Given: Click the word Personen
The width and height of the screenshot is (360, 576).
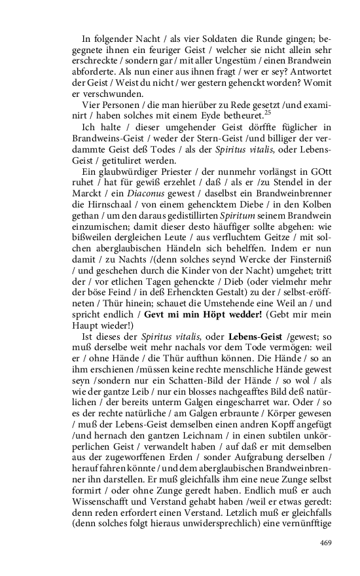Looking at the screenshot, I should click(x=118, y=105).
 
